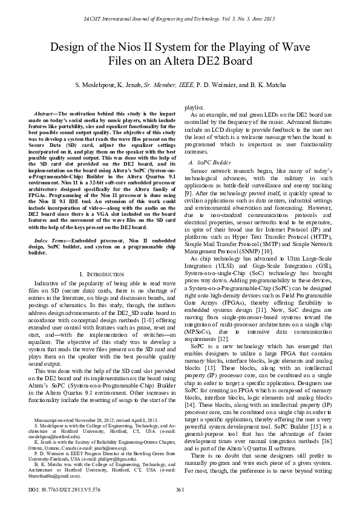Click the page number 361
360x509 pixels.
[x=180, y=489]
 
